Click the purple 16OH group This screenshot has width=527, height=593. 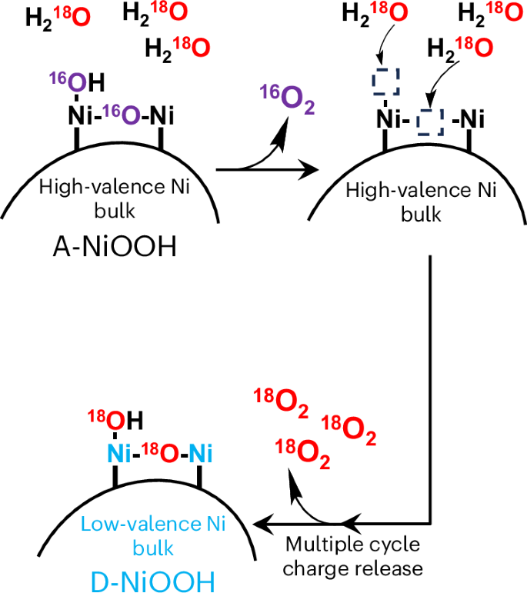[x=75, y=83]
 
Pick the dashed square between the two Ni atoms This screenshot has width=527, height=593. [x=432, y=121]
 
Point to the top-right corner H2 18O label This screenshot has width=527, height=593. [x=489, y=13]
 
